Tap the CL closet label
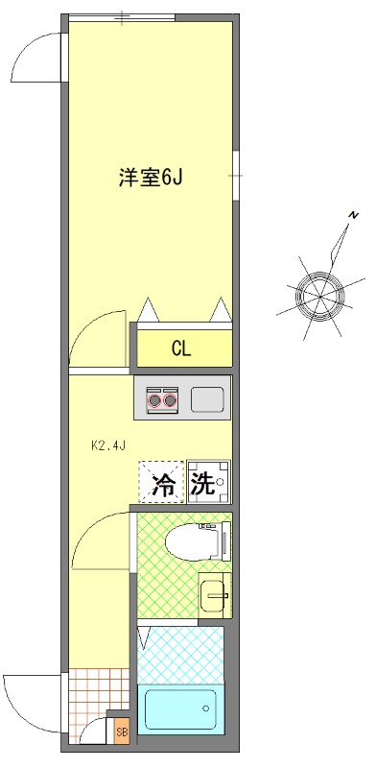[181, 348]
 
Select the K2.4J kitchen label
[108, 445]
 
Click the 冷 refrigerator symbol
[164, 483]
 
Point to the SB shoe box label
[121, 732]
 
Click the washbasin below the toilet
[212, 595]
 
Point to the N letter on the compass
[353, 213]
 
